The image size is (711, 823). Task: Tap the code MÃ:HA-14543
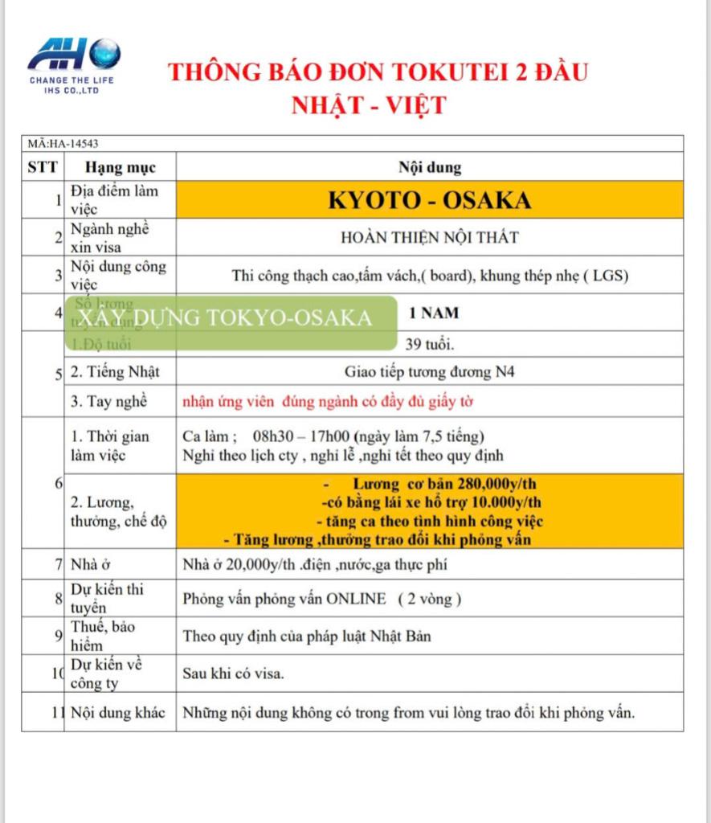[63, 144]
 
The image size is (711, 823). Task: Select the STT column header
[42, 168]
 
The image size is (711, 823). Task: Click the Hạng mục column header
[121, 168]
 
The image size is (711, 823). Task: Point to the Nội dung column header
[430, 168]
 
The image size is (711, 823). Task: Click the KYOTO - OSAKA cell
[430, 200]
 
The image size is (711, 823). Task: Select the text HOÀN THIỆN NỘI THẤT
[430, 237]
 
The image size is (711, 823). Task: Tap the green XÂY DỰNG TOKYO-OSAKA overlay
[230, 318]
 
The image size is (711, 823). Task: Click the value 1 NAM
[430, 313]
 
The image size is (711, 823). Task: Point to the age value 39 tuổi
[430, 345]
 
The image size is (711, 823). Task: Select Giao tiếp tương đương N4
[430, 371]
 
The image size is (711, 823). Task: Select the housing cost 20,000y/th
[251, 564]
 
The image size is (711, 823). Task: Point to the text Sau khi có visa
[233, 674]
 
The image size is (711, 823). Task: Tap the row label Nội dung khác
[118, 712]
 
